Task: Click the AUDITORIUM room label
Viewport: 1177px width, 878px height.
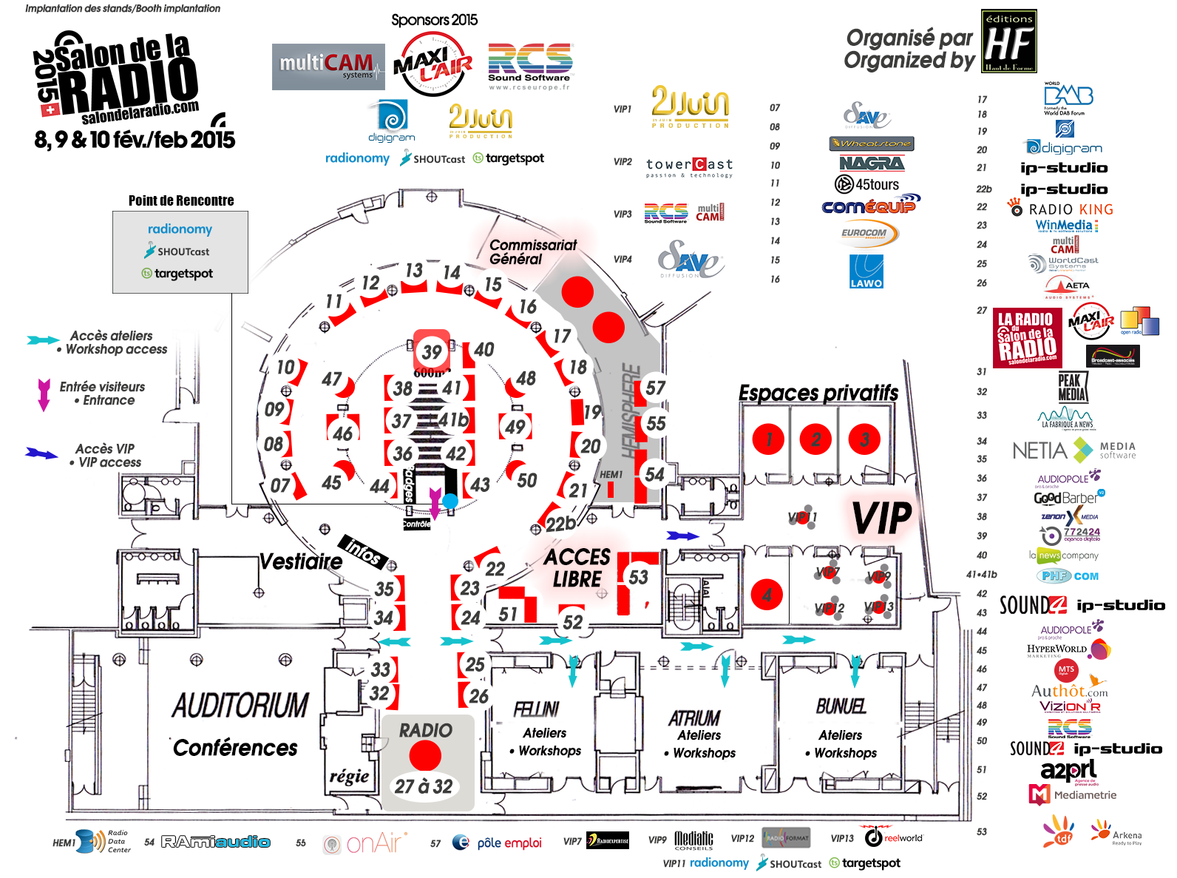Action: (x=240, y=705)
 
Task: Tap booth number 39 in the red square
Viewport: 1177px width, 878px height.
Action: (x=432, y=351)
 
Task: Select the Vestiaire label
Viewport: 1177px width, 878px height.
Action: (x=301, y=561)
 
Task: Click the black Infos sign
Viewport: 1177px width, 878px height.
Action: (x=364, y=550)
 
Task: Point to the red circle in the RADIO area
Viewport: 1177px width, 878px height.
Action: (x=425, y=756)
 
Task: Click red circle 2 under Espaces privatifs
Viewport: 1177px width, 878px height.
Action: (x=815, y=439)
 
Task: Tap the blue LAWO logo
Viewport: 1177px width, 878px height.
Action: (x=866, y=271)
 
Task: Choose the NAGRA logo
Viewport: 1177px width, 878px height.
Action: (x=871, y=163)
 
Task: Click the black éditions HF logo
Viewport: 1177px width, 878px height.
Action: (x=1009, y=41)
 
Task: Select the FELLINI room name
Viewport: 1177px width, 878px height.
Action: (x=537, y=709)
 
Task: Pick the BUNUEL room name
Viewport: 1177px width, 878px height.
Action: (x=841, y=706)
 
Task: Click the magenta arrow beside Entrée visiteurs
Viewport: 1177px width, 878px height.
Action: (x=44, y=394)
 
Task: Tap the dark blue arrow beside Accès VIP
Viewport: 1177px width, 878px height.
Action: (x=41, y=453)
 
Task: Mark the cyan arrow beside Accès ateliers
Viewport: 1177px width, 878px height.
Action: (x=43, y=340)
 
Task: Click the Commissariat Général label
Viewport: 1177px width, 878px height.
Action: (x=532, y=251)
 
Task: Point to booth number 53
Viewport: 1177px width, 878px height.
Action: (x=638, y=578)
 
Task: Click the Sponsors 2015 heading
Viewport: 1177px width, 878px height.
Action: (x=434, y=20)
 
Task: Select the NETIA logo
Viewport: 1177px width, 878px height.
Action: (x=1039, y=450)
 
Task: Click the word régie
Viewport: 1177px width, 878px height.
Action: (x=349, y=776)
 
